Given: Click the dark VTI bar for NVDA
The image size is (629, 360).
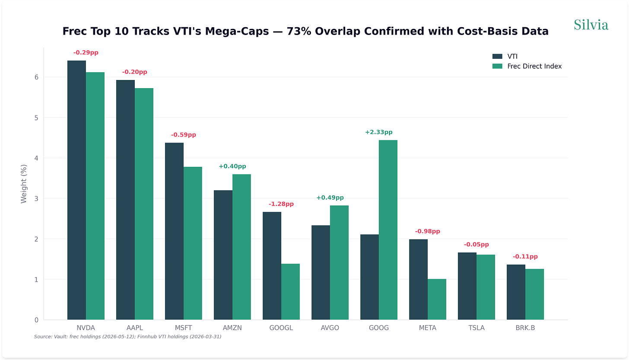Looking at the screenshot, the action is click(76, 190).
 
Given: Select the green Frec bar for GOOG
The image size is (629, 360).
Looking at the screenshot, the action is click(388, 230).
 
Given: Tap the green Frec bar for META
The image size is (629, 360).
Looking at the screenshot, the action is click(437, 299).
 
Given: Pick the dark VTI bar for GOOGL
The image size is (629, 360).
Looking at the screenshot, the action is click(272, 266).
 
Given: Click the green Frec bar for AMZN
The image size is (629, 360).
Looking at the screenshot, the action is click(241, 247).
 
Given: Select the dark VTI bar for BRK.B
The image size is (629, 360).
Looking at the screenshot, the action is click(516, 292).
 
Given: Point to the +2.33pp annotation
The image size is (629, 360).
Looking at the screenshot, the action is click(378, 132).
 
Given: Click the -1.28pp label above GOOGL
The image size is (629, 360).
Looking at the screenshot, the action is click(281, 204).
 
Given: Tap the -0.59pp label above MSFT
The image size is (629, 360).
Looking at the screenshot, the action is click(183, 135).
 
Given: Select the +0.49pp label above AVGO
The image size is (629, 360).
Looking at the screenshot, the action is click(330, 198).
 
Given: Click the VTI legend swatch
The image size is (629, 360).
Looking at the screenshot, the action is click(497, 57).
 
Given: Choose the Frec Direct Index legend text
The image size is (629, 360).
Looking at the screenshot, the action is click(534, 66).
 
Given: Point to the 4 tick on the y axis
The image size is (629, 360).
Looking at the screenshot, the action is click(36, 158).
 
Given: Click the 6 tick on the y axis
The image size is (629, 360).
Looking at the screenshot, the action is click(36, 77).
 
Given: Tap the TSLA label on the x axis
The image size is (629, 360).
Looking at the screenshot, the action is click(476, 328).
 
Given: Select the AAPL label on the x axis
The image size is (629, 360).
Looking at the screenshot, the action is click(135, 328).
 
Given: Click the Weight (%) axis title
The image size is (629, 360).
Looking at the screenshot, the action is click(24, 184).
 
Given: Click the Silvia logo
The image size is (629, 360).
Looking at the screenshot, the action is click(591, 25).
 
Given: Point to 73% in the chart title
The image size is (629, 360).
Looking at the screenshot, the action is click(299, 31).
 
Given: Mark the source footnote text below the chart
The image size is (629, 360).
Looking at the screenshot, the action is click(127, 336).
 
